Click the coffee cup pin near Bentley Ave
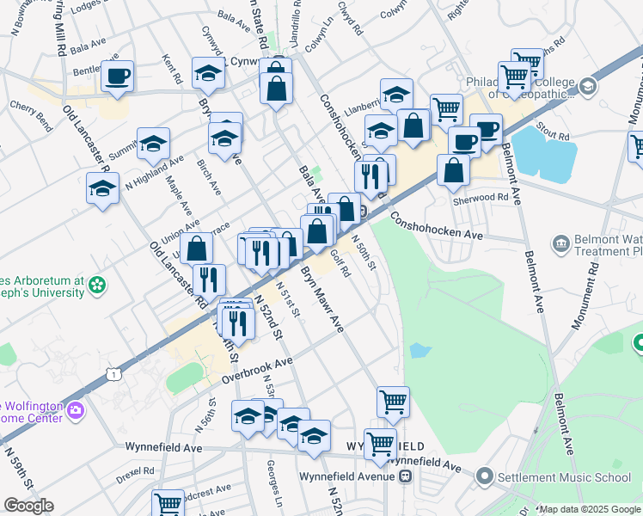point(116,75)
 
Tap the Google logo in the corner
point(28,506)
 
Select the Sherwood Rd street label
point(481,198)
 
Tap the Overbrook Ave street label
point(257,369)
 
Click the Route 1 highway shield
point(112,372)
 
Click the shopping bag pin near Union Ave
point(197,249)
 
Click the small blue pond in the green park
point(420,350)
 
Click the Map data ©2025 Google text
point(590,509)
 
